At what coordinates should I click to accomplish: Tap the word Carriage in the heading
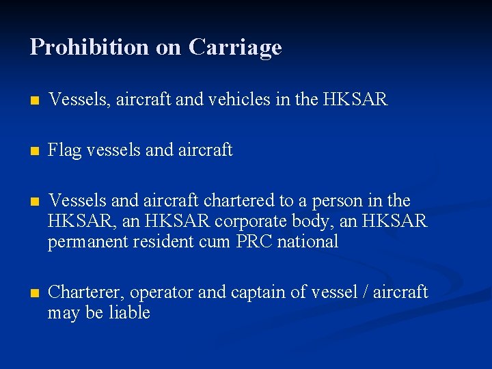[x=235, y=47]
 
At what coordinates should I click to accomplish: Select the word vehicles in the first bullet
[x=233, y=100]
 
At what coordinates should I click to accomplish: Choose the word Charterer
[x=86, y=292]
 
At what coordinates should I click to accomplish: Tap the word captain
[x=256, y=292]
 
